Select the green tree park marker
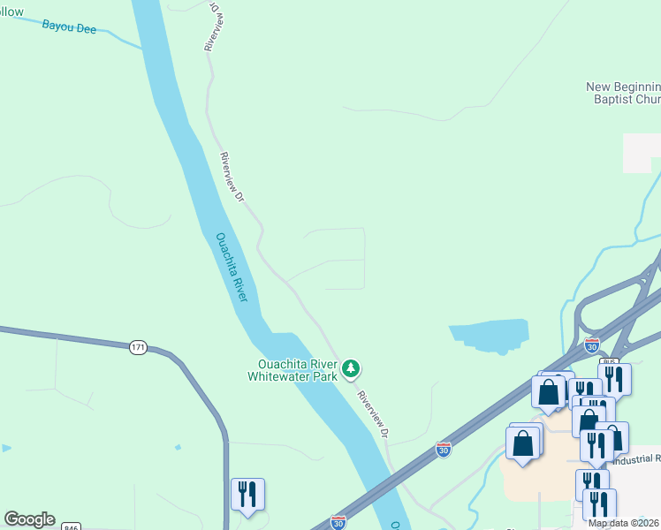pos(351,367)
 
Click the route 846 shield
pos(72,527)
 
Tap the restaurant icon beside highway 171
pos(247,494)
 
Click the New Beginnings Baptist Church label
pos(624,93)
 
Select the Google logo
pos(29,519)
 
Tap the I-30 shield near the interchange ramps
pos(592,344)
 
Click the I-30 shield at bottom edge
pos(338,523)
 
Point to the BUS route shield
pos(609,361)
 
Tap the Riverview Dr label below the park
pos(373,413)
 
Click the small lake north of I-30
pos(490,334)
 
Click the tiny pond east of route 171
pos(178,447)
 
